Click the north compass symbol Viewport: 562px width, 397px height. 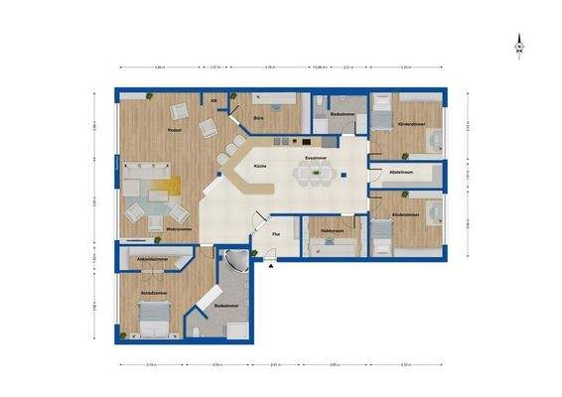[x=518, y=47]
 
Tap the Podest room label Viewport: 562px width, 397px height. [x=173, y=130]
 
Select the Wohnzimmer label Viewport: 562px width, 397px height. [x=179, y=228]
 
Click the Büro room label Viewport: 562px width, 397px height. [x=258, y=119]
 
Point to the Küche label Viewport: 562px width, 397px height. [x=260, y=166]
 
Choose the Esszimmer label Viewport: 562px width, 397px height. [x=316, y=158]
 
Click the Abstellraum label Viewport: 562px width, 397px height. [x=401, y=174]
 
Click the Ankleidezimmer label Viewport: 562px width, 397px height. [x=151, y=259]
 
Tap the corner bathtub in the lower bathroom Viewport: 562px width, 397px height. [x=236, y=264]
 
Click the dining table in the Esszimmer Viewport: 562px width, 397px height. [x=317, y=176]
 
